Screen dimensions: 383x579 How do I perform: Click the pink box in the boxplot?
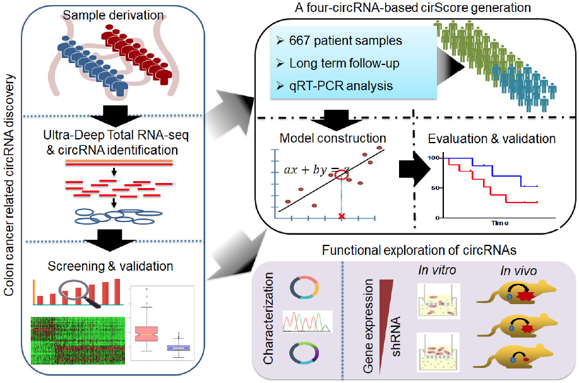pyautogui.click(x=151, y=334)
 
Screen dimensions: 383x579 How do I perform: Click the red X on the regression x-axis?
pyautogui.click(x=342, y=217)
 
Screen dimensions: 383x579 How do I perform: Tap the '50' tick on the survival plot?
pyautogui.click(x=433, y=188)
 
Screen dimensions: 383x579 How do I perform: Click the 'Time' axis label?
pyautogui.click(x=501, y=223)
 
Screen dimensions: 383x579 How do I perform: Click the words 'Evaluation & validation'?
pyautogui.click(x=492, y=139)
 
